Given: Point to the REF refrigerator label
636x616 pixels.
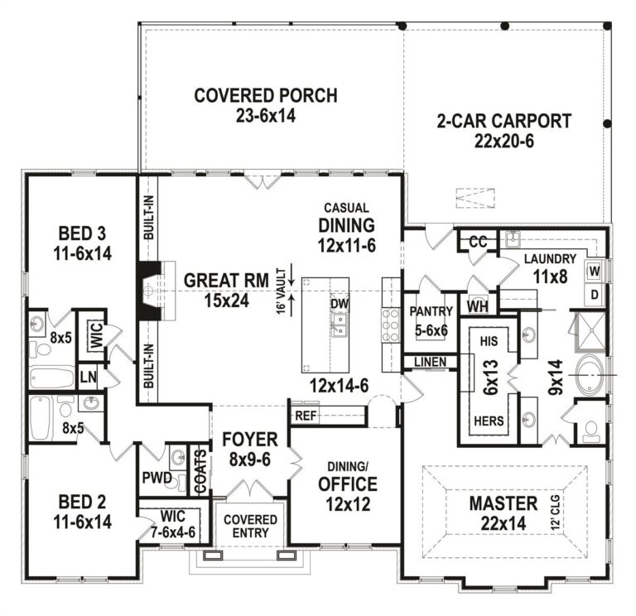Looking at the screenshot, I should pyautogui.click(x=306, y=416).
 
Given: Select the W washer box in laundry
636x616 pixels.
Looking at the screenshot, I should pyautogui.click(x=594, y=271).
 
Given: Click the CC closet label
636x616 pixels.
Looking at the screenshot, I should pyautogui.click(x=476, y=241).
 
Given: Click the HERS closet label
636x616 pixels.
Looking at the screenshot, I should pyautogui.click(x=488, y=421).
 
